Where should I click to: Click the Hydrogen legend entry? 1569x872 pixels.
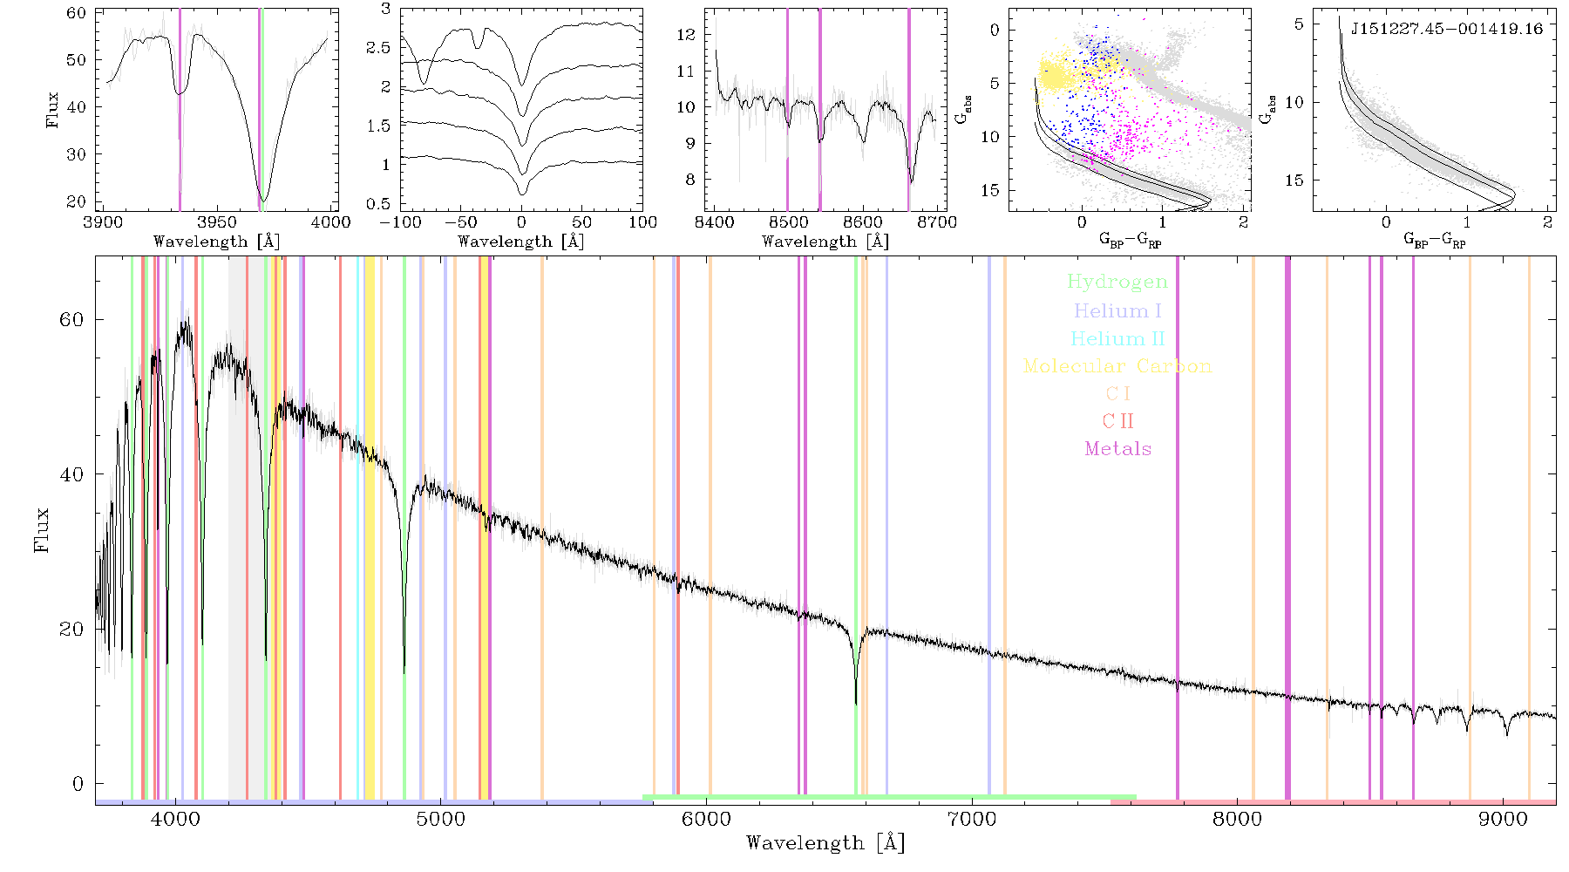pos(1117,283)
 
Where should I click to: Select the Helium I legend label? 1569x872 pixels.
pos(1117,310)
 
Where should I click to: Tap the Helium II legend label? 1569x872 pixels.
pos(1117,338)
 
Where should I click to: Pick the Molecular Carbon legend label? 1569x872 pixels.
pos(1117,366)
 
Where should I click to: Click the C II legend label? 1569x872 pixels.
pos(1117,421)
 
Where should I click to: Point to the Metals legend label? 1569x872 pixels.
pos(1117,449)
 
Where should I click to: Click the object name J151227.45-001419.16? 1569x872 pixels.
pos(1446,29)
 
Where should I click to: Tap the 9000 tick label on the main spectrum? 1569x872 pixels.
pos(1504,819)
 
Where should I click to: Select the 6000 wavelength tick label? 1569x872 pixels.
pos(706,819)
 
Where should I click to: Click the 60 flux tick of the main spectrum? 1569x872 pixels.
pos(72,319)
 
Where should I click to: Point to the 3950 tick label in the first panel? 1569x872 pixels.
pos(216,222)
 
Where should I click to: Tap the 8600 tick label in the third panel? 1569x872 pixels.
pos(863,222)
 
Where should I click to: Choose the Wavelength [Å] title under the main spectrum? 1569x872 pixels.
pos(825,843)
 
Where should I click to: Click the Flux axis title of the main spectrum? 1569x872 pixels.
pos(41,530)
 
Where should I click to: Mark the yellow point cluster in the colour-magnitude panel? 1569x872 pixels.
pos(1056,74)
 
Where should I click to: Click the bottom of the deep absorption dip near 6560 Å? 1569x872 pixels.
pos(856,703)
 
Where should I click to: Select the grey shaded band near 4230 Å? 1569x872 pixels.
pos(237,528)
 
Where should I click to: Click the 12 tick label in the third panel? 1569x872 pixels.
pos(687,35)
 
